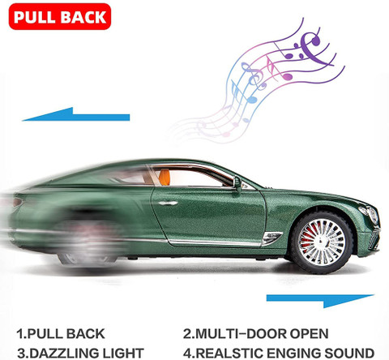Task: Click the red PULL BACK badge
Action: (x=60, y=16)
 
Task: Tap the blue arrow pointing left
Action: (x=76, y=115)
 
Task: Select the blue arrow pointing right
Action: (x=320, y=300)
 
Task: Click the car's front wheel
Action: (x=322, y=242)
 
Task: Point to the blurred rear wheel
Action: (x=88, y=241)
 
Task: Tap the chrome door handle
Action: (x=168, y=203)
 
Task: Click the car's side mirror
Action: (x=237, y=184)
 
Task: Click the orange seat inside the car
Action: (x=165, y=177)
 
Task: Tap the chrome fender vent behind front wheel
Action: (x=272, y=237)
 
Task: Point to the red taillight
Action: (x=17, y=202)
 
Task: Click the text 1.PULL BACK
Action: (x=61, y=334)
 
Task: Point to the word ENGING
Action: (x=293, y=354)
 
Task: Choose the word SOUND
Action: (x=349, y=354)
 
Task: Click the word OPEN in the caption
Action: (x=310, y=334)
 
